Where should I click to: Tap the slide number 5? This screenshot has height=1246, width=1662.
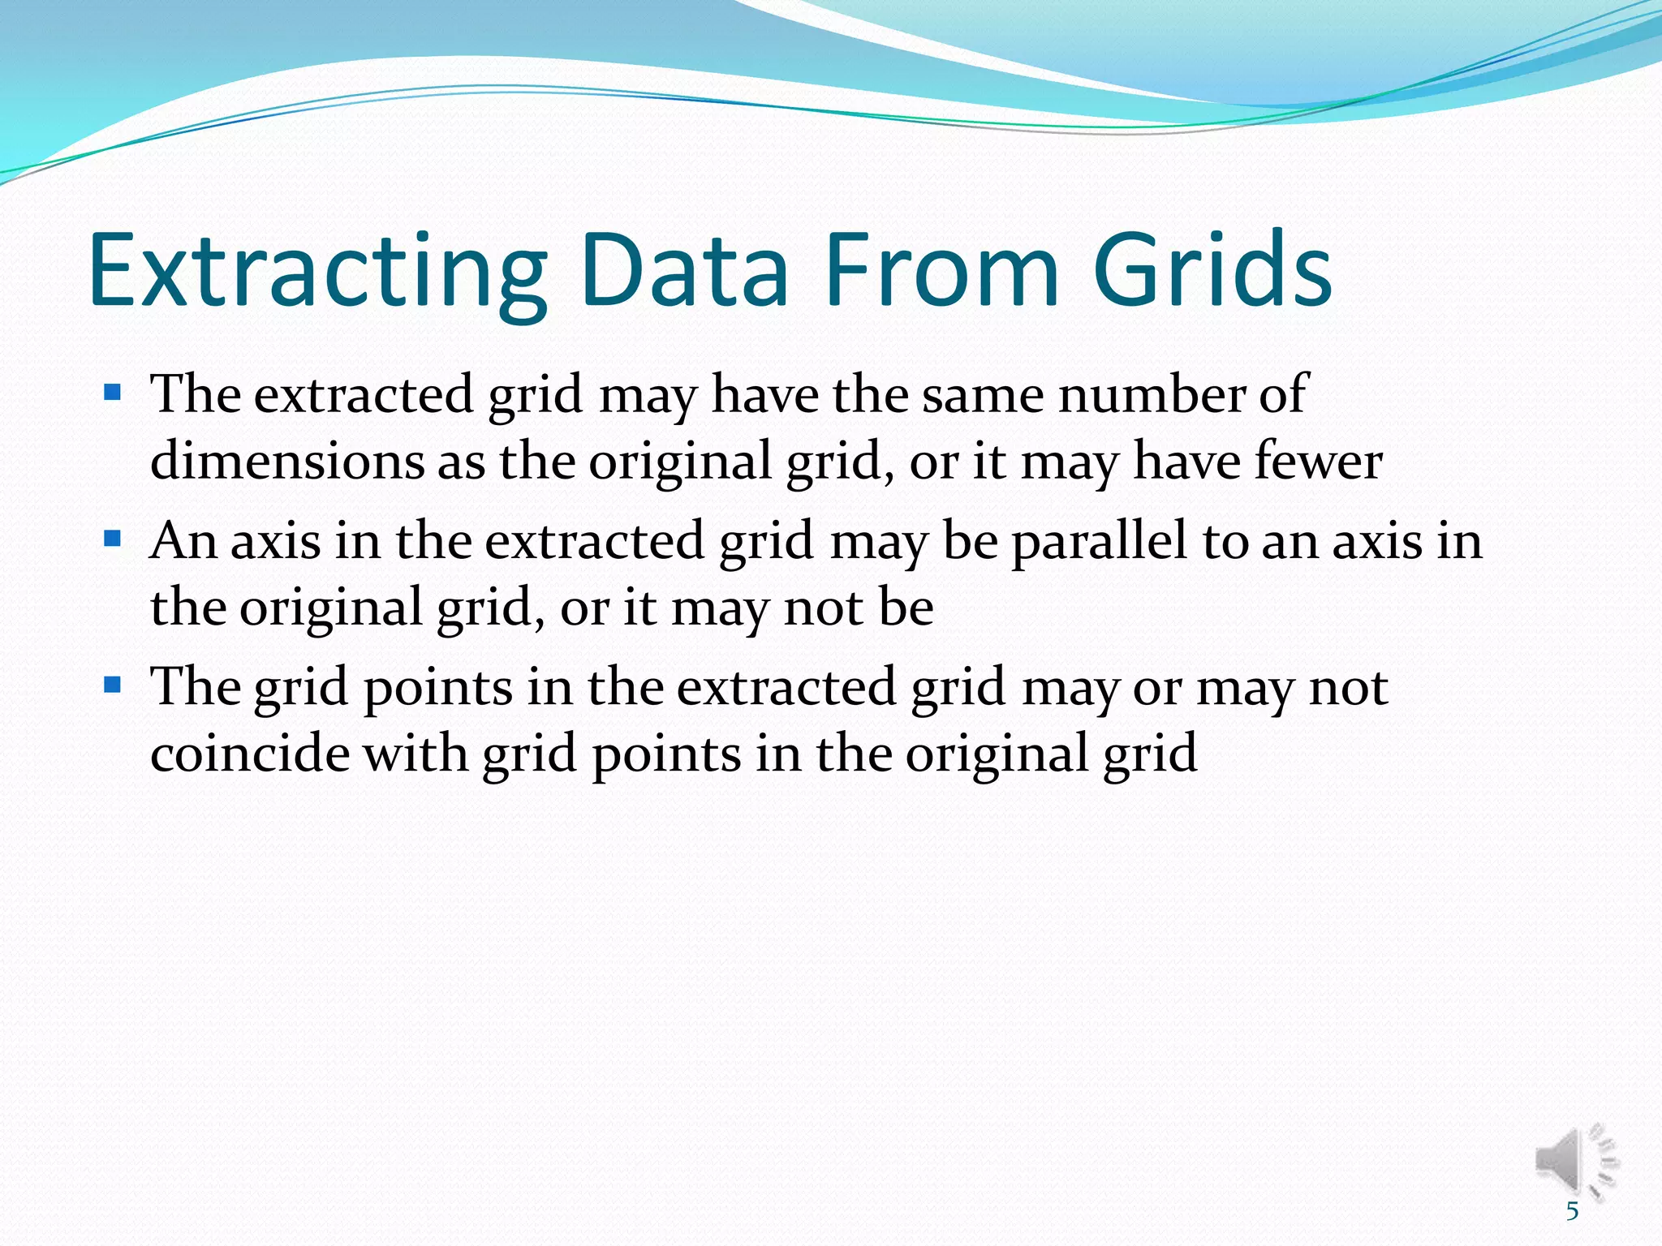pos(1573,1211)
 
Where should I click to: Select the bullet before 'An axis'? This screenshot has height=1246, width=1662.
pos(113,539)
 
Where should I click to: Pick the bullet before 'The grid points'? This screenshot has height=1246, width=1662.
pos(113,685)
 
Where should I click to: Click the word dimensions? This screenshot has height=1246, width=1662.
pos(287,461)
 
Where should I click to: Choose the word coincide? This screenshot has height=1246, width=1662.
pos(250,753)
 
